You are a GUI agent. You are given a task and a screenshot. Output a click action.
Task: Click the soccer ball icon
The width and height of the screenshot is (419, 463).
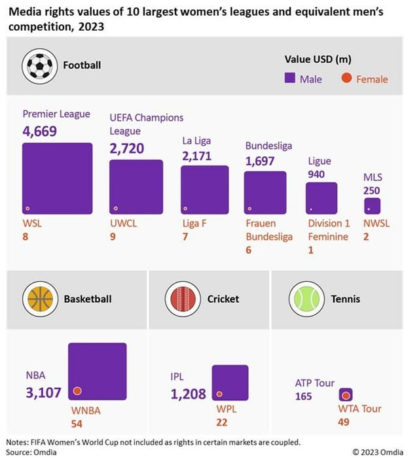(x=40, y=65)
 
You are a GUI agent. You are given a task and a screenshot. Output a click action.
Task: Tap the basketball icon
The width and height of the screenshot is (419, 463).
(x=40, y=299)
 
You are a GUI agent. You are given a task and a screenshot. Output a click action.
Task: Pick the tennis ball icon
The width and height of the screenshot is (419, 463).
(x=306, y=299)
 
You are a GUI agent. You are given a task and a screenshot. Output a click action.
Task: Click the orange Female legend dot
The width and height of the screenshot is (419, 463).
(x=347, y=79)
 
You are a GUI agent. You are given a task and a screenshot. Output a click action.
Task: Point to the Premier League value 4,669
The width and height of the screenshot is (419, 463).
(x=40, y=131)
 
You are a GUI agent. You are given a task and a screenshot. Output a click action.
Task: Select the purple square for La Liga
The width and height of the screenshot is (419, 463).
(x=204, y=190)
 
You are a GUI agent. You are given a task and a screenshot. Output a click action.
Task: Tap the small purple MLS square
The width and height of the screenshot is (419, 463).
(x=372, y=206)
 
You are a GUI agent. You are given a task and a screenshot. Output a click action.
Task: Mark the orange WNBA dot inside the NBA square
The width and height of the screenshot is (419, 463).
(x=77, y=391)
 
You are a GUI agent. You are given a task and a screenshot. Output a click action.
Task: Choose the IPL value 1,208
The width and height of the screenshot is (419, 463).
(x=188, y=394)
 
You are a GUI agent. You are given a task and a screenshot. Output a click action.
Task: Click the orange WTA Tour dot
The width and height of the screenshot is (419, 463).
(x=346, y=395)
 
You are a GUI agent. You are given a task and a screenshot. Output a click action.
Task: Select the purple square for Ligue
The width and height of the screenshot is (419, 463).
(x=321, y=197)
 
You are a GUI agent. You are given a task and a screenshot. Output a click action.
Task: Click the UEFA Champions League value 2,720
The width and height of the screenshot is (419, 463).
(x=126, y=148)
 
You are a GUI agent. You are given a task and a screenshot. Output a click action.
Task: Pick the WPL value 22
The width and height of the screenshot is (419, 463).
(x=221, y=422)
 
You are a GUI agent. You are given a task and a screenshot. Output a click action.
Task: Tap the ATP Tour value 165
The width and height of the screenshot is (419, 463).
(x=303, y=396)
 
